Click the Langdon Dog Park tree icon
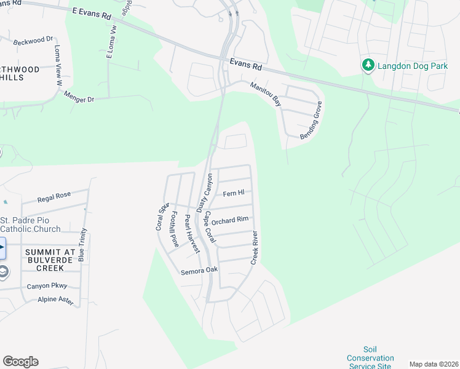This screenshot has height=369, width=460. pos(368,65)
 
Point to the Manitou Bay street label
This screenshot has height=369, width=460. pos(266,94)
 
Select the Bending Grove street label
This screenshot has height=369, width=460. pos(311,120)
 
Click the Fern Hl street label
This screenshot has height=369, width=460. pos(234,194)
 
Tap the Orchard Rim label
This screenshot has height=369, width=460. pos(230,220)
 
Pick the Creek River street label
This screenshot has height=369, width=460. pos(254,248)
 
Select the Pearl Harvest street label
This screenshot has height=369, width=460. pos(191,234)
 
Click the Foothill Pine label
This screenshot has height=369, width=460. pos(175,229)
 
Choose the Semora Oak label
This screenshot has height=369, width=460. pos(199,271)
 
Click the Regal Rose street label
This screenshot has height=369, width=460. pos(54,197)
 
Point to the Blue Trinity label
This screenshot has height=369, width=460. pos(83,244)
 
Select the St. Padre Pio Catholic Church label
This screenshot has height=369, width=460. pos(30,224)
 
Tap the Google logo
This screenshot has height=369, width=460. pos(20,362)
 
